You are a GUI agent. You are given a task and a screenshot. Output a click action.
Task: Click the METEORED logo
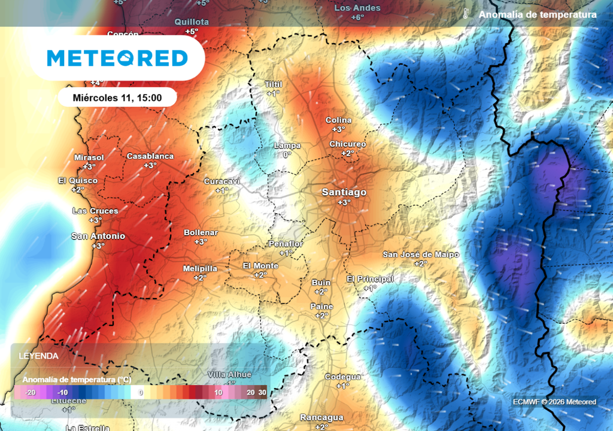tap(117, 58)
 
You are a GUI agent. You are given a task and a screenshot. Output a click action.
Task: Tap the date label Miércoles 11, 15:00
tap(117, 97)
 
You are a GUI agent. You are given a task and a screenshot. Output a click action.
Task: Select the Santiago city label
tap(344, 192)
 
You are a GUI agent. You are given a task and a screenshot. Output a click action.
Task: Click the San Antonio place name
tap(98, 236)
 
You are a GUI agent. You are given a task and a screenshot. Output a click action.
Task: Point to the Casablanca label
tap(150, 156)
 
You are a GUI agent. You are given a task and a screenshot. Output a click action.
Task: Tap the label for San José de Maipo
tap(421, 254)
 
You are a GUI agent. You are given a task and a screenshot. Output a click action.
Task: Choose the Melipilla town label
tap(200, 269)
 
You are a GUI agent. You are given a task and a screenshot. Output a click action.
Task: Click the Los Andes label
tap(357, 8)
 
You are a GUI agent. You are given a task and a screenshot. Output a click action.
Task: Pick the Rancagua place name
tap(321, 417)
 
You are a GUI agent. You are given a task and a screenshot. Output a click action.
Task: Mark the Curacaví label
tap(222, 181)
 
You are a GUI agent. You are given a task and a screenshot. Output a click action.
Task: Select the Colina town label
tap(338, 120)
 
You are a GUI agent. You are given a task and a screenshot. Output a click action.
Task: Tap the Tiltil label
tap(273, 84)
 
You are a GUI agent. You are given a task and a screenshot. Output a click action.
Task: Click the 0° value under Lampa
tap(287, 154)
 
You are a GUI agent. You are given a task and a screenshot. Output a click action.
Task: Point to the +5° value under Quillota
tap(192, 31)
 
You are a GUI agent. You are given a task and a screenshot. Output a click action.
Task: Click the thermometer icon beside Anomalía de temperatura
tap(465, 14)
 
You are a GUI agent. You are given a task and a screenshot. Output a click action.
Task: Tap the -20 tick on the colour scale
tap(31, 393)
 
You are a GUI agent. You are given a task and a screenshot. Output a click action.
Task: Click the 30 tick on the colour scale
tap(262, 393)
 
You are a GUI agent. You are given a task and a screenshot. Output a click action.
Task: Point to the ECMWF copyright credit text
tap(554, 402)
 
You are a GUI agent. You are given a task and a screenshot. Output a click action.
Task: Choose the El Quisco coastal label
tap(78, 180)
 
